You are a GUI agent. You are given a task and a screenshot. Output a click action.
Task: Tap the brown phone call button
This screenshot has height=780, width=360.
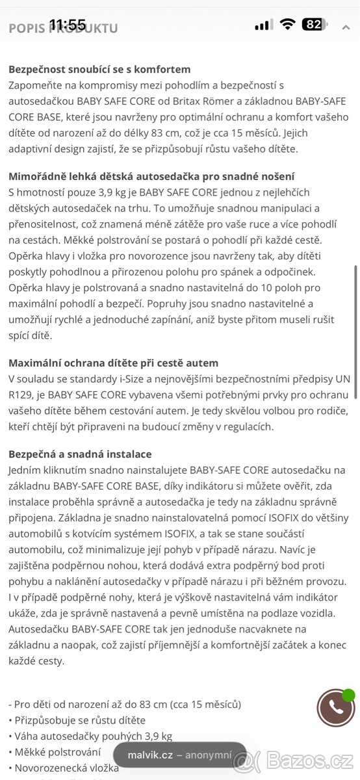click(335, 708)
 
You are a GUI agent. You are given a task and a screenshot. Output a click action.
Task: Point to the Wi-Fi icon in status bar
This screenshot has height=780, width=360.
click(287, 25)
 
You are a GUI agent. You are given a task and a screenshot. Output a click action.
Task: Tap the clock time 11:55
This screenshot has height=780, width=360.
click(67, 25)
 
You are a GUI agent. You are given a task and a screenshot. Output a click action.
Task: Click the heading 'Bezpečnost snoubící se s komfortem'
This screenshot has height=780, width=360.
click(99, 69)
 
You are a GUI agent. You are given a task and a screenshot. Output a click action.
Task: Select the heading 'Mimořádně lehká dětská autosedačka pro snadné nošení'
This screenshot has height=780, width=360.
click(151, 176)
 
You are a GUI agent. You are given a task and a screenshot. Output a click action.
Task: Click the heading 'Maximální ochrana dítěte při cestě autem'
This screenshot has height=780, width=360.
click(113, 363)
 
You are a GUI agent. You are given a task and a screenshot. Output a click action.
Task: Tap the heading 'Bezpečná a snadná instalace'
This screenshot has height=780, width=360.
click(80, 454)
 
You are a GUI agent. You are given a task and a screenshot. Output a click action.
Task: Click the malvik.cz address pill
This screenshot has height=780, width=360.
click(180, 755)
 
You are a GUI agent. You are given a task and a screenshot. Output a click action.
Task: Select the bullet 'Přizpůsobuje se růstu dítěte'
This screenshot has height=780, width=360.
click(77, 720)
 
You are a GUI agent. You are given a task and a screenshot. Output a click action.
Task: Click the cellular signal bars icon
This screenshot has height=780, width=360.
click(263, 25)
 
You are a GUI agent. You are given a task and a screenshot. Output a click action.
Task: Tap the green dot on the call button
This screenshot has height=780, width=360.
click(349, 695)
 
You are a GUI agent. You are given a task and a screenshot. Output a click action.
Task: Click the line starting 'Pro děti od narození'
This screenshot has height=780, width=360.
click(125, 704)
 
